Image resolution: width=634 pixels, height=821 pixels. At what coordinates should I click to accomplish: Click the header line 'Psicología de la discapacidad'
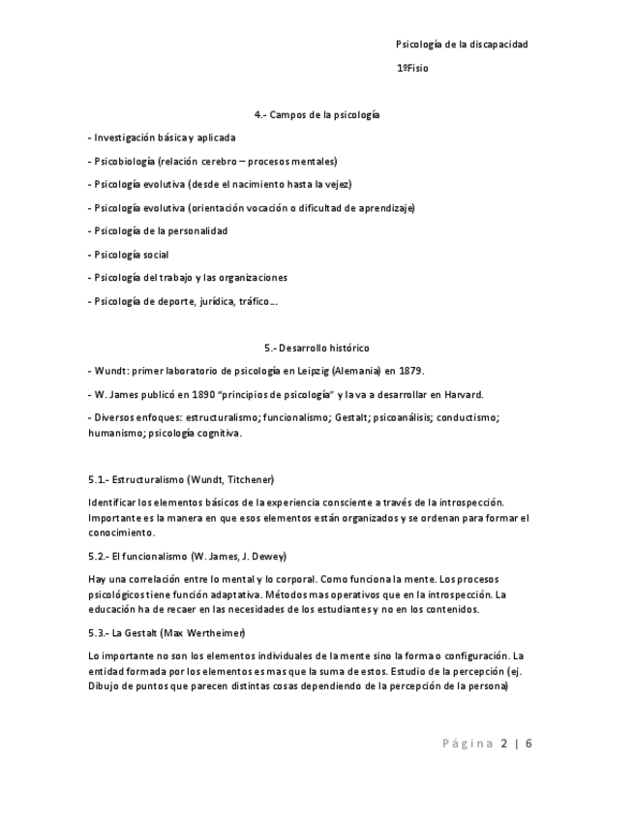(x=462, y=45)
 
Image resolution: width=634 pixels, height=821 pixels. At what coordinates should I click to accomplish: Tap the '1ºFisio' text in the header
(x=411, y=69)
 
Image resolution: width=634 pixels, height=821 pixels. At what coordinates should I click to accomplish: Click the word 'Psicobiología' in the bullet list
(x=123, y=162)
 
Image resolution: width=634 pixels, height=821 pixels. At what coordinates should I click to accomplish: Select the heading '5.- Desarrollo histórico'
(x=317, y=348)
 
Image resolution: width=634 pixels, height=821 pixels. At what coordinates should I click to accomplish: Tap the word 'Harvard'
(x=464, y=394)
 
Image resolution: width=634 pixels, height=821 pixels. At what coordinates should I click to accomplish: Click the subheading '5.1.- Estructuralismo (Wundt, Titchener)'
(x=181, y=479)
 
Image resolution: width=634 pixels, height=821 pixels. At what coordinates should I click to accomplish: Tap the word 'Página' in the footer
(x=468, y=744)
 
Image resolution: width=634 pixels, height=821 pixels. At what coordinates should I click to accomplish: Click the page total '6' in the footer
(x=528, y=744)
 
